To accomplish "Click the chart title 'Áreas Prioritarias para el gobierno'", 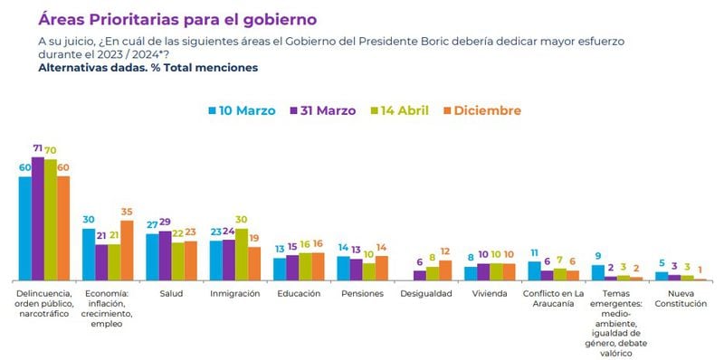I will (177, 17).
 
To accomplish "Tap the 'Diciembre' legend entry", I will (481, 110).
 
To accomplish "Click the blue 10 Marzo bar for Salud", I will (152, 257).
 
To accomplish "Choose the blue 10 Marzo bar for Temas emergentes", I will (597, 272).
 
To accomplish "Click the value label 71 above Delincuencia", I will (38, 148).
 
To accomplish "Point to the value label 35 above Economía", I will (127, 212).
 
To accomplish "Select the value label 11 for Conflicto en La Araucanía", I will (534, 253).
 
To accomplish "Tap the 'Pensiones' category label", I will (362, 294).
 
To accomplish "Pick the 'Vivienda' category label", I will (489, 294).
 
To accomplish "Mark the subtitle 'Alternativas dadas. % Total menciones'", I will (148, 68).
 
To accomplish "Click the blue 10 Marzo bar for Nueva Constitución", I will (662, 276).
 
